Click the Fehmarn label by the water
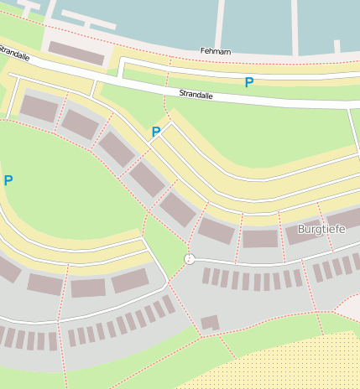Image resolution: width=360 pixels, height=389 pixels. pyautogui.click(x=216, y=51)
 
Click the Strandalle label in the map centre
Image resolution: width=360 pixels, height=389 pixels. pyautogui.click(x=196, y=96)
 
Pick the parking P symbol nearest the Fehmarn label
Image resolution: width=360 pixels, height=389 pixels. pyautogui.click(x=248, y=82)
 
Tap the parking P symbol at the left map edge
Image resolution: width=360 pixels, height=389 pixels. pyautogui.click(x=8, y=180)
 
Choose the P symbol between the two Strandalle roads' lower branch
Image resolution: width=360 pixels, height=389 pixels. pyautogui.click(x=155, y=132)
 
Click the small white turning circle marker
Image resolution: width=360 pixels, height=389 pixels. pyautogui.click(x=190, y=259)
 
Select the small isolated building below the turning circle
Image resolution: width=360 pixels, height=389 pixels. pyautogui.click(x=210, y=322)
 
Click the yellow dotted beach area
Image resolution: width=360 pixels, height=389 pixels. pyautogui.click(x=285, y=365)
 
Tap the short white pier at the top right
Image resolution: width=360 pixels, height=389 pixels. pyautogui.click(x=336, y=46)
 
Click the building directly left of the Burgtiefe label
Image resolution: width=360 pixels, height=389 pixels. pyautogui.click(x=260, y=238)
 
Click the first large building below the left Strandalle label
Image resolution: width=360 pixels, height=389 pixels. pyautogui.click(x=38, y=108)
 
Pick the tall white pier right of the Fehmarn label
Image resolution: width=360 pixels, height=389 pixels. pyautogui.click(x=295, y=25)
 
